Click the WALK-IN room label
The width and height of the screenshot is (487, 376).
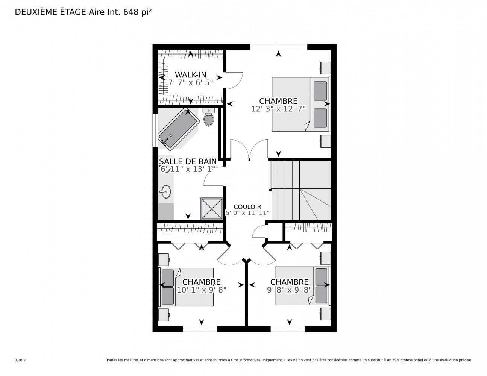click(x=190, y=74)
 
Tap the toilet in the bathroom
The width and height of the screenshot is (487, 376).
click(x=209, y=117)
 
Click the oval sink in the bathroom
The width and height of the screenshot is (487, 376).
click(x=166, y=191)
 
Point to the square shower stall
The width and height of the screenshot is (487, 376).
click(x=211, y=209)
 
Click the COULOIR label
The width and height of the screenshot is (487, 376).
click(x=247, y=206)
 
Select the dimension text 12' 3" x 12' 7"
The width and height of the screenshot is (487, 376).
click(x=278, y=109)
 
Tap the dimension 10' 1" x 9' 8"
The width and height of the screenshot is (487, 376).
click(x=201, y=290)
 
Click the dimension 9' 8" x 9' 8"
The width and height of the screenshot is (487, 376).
click(x=289, y=290)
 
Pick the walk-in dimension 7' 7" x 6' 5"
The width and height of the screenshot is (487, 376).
click(x=190, y=83)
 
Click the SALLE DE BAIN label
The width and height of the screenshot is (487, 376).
click(x=188, y=161)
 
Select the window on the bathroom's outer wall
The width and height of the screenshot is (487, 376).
click(x=155, y=130)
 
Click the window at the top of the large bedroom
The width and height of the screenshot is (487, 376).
click(x=278, y=47)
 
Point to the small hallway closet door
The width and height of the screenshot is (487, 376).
click(x=259, y=232)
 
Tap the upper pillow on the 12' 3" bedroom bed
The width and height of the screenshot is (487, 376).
click(x=320, y=91)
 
